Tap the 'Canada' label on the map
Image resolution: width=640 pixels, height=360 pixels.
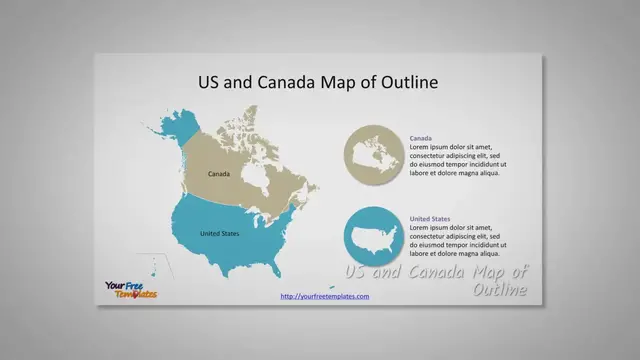click(x=219, y=174)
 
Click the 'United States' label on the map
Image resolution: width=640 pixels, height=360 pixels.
click(x=219, y=234)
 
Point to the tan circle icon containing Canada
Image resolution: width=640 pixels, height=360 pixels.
click(x=373, y=156)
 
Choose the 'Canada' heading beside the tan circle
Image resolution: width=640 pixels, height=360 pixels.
click(x=421, y=138)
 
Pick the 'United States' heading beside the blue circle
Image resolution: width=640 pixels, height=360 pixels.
click(x=430, y=219)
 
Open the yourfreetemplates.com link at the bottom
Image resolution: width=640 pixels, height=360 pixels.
click(x=325, y=296)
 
